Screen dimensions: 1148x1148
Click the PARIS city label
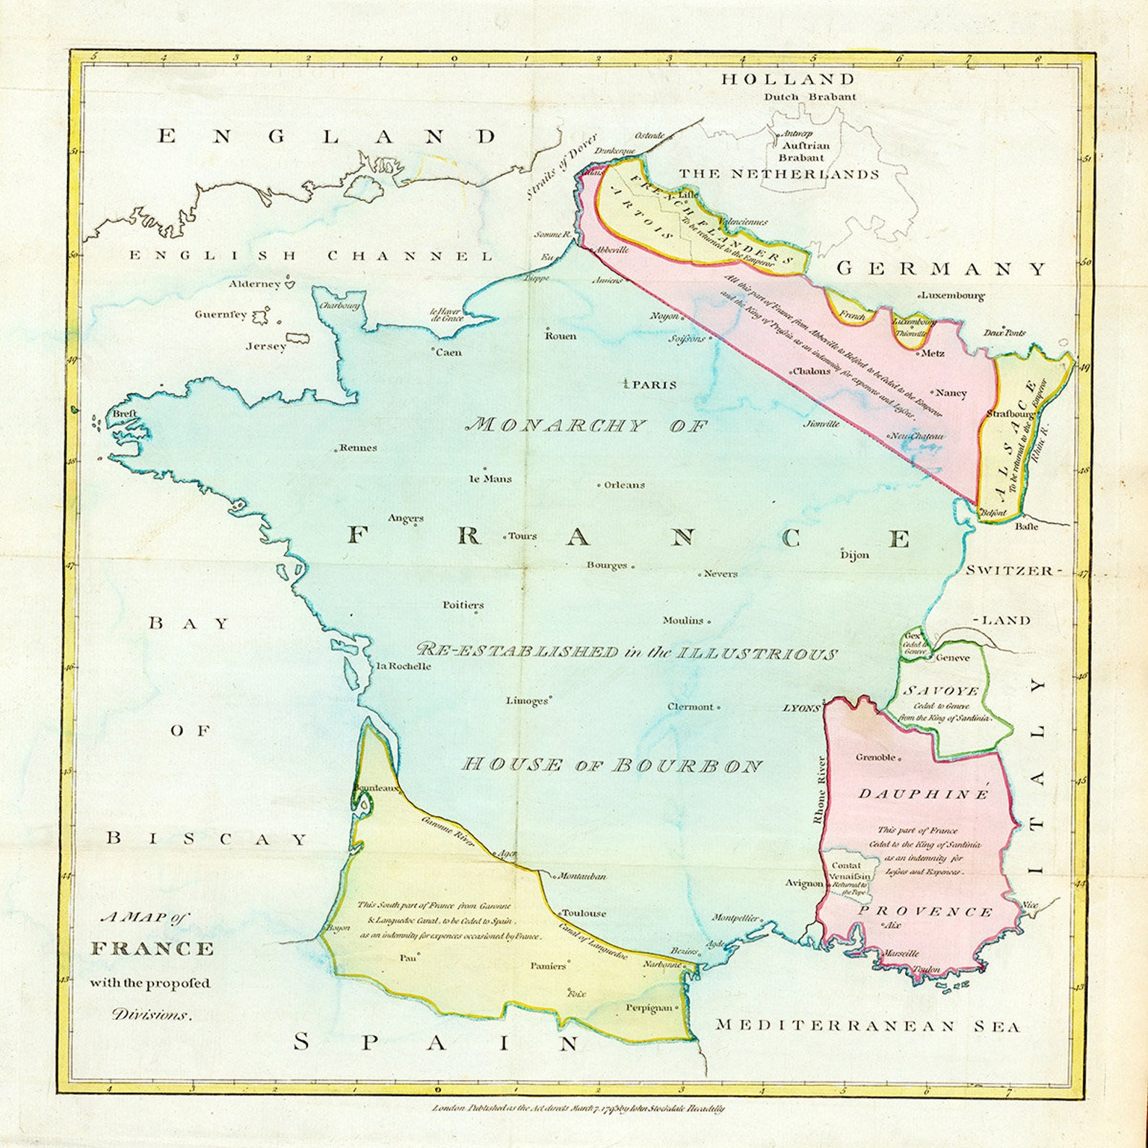(654, 385)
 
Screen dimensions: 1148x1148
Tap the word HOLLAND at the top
(788, 80)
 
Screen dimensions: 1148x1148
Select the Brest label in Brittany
(124, 414)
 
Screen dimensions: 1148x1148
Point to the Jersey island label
(266, 346)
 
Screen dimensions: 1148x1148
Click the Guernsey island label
(220, 314)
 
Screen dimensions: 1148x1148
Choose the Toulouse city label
(584, 913)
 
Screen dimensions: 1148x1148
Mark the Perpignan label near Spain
(649, 1008)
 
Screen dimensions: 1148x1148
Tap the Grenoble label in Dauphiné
(875, 758)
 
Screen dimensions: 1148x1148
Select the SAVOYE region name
(941, 691)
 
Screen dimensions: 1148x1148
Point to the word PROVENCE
(925, 912)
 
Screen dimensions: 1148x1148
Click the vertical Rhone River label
(820, 790)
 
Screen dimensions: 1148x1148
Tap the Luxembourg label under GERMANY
(954, 296)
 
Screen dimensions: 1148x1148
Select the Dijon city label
(854, 554)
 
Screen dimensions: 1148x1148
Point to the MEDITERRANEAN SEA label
(868, 1026)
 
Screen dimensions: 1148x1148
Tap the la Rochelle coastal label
(404, 666)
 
